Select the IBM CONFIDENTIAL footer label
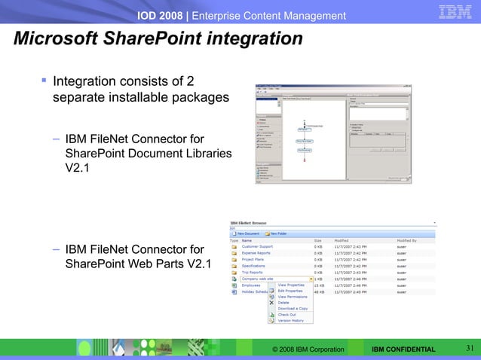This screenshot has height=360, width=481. point(403,349)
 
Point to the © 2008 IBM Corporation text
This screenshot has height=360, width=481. point(308,349)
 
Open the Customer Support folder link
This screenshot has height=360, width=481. point(257,247)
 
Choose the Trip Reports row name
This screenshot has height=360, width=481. point(252,273)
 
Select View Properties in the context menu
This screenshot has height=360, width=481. point(291,285)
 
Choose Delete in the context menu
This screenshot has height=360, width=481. point(284,303)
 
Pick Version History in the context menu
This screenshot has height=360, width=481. point(290,321)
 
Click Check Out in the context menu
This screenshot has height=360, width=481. point(286,315)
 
